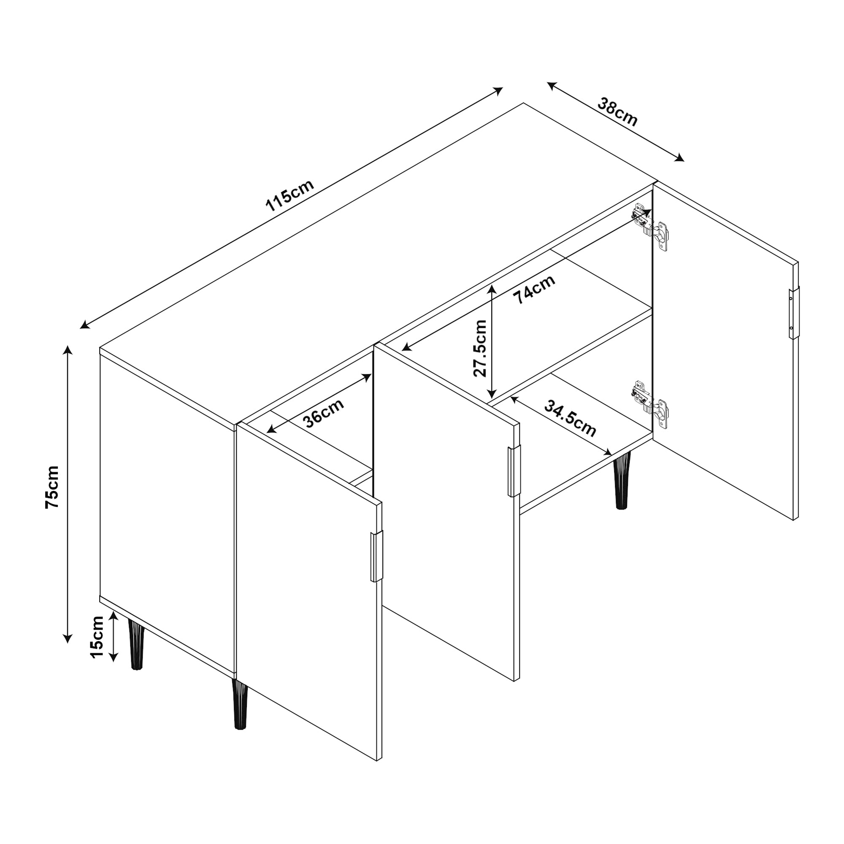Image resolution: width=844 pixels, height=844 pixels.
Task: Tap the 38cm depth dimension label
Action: click(x=617, y=112)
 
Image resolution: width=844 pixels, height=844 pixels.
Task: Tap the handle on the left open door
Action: click(x=376, y=557)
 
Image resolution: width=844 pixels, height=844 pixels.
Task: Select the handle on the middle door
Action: click(x=514, y=471)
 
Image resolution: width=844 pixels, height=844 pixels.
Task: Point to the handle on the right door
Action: click(x=793, y=313)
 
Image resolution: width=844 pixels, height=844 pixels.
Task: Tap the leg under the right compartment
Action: click(x=622, y=481)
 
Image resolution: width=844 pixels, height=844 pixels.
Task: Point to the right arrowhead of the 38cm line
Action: click(x=680, y=158)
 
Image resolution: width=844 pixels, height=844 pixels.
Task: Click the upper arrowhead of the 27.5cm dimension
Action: click(x=492, y=289)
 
